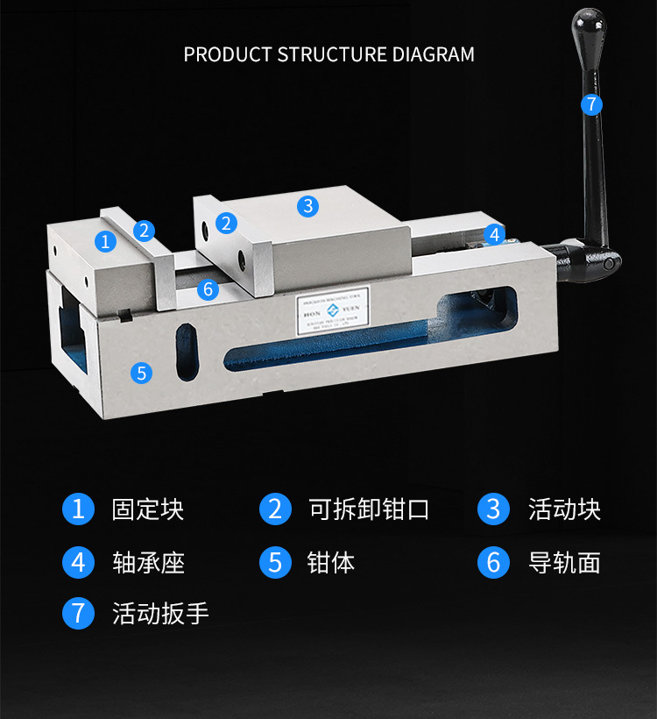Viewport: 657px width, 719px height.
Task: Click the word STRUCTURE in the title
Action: click(x=333, y=54)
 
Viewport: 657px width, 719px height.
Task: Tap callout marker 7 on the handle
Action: click(x=591, y=104)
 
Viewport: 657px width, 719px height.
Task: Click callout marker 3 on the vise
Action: click(x=307, y=206)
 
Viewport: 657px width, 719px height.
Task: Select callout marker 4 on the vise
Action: click(x=494, y=234)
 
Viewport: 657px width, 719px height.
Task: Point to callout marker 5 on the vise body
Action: click(x=141, y=373)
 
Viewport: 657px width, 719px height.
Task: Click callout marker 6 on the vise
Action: click(x=208, y=288)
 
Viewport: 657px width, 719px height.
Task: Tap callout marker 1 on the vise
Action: click(x=106, y=240)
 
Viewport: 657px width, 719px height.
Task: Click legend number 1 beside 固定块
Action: click(x=78, y=509)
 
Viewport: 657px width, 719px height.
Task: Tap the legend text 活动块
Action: click(x=564, y=509)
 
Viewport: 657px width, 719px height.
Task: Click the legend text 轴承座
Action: click(x=148, y=562)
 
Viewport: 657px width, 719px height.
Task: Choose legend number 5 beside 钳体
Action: click(x=275, y=562)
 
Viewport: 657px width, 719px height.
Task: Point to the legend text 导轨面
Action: click(x=564, y=562)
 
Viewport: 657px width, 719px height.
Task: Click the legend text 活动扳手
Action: click(x=160, y=613)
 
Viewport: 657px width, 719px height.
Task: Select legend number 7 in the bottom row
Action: click(x=78, y=613)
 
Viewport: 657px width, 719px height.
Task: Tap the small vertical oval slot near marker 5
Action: click(x=187, y=352)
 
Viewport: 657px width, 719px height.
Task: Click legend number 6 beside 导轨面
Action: click(x=493, y=562)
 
